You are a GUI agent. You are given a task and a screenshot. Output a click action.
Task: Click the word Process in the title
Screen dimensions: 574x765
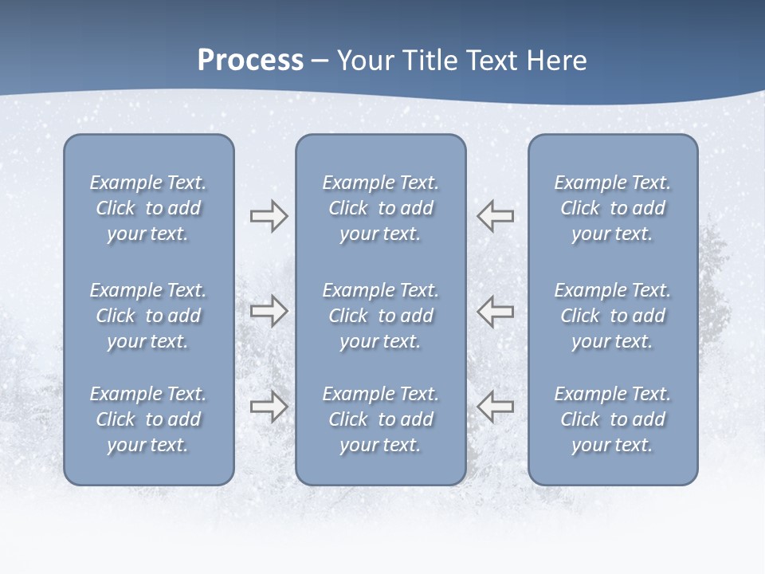[250, 61]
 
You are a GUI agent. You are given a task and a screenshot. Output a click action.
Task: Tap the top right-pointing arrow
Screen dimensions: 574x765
[269, 216]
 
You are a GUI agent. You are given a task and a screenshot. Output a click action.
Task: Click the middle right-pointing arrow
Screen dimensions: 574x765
[269, 310]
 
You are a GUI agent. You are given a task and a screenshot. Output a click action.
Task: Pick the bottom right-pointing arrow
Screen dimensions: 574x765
[269, 406]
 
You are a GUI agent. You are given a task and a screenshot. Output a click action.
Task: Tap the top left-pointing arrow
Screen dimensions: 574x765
[495, 216]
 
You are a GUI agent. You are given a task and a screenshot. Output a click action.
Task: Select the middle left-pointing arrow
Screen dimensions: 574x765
[495, 310]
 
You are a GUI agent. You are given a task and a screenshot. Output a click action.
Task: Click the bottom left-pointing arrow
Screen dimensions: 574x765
[495, 406]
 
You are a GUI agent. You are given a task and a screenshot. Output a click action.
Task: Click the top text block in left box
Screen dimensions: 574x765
[148, 208]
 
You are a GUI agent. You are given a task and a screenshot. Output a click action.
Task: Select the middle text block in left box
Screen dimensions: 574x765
[148, 316]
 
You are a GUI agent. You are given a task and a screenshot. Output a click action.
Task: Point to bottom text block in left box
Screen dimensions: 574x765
[148, 419]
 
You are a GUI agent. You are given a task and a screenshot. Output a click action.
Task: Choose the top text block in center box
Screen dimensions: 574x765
[380, 208]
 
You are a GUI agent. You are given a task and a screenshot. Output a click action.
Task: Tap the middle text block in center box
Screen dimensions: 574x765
[380, 316]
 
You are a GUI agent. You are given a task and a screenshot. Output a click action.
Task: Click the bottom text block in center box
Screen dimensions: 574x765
[380, 419]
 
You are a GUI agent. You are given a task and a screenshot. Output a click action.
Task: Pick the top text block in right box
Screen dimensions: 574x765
[612, 208]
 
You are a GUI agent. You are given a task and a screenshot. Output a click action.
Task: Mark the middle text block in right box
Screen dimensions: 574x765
[612, 316]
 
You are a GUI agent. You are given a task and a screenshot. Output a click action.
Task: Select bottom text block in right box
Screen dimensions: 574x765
[612, 419]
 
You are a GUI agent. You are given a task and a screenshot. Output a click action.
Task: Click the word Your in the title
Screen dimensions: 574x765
[364, 61]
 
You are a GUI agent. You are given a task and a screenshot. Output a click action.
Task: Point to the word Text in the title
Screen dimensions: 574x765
[492, 61]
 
